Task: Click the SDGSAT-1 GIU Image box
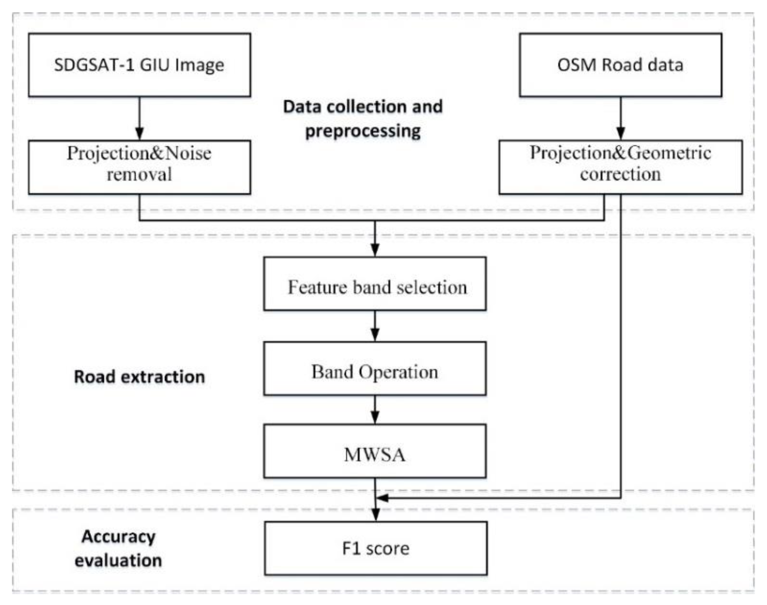pos(139,65)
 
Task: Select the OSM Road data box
pos(620,65)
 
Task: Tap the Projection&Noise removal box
pos(139,167)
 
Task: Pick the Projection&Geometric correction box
pos(620,167)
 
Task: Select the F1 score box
pos(376,548)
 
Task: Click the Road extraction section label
pos(139,376)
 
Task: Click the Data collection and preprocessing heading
pos(363,119)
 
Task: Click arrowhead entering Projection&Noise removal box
pos(139,134)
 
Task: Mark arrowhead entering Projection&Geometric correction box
pos(620,134)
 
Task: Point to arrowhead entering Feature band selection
pos(375,250)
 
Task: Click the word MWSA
pos(375,455)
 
